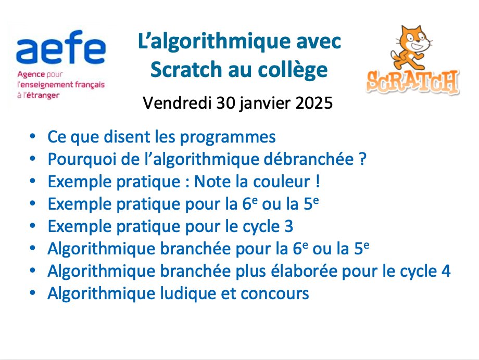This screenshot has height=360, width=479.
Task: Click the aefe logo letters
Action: point(60,50)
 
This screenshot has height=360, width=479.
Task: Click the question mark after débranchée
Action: point(363,159)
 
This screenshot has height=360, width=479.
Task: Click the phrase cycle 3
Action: point(269,226)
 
